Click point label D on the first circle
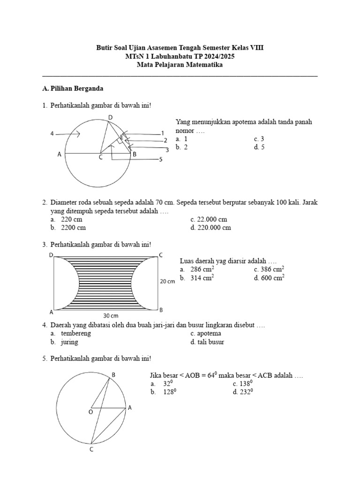pyautogui.click(x=110, y=117)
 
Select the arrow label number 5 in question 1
pyautogui.click(x=160, y=159)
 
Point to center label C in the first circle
pyautogui.click(x=100, y=157)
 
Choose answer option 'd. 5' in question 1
pyautogui.click(x=259, y=147)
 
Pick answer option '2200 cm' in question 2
pyautogui.click(x=73, y=228)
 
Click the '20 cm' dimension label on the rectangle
pyautogui.click(x=167, y=282)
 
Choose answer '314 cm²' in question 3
pyautogui.click(x=202, y=278)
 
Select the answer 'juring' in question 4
pyautogui.click(x=69, y=342)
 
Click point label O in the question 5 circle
pyautogui.click(x=90, y=412)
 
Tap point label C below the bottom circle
pyautogui.click(x=91, y=450)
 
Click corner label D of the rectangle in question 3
pyautogui.click(x=51, y=255)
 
